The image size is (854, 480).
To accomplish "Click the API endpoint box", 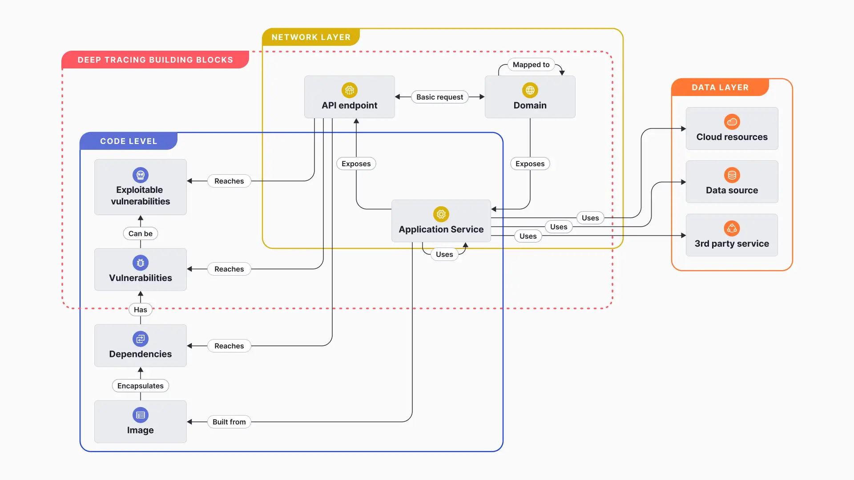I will click(349, 97).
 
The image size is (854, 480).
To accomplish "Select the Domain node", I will click(530, 97).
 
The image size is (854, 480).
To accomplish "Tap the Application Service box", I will click(441, 221).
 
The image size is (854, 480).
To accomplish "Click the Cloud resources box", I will click(732, 128).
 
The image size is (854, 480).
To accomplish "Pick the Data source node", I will click(732, 182).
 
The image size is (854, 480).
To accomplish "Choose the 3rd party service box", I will click(732, 235).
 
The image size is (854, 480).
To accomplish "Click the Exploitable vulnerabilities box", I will click(140, 187).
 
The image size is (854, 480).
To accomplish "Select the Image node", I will click(140, 421).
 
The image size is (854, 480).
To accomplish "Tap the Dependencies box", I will click(140, 345).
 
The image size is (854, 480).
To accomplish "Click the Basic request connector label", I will click(439, 97).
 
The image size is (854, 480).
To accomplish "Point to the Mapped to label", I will click(531, 64).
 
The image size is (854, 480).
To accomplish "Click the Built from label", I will click(229, 422).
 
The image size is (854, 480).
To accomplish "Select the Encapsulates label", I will click(140, 386).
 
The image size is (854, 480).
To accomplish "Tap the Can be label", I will click(140, 233).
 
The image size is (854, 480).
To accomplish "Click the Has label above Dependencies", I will click(140, 310).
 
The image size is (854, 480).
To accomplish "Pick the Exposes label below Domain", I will click(530, 164).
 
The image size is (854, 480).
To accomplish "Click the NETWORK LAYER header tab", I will click(311, 37).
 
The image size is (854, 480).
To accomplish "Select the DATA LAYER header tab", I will click(720, 88).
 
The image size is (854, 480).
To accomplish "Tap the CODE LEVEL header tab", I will click(129, 141).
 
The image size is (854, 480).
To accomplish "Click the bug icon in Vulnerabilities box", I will click(140, 263).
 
